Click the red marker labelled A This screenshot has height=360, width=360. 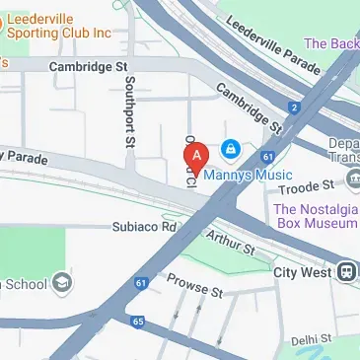[196, 156]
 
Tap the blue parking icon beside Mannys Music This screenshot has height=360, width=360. [230, 149]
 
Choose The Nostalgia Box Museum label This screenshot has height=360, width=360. [316, 216]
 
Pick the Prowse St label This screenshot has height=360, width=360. [194, 285]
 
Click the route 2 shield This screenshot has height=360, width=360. [293, 107]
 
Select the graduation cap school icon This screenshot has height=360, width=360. [62, 283]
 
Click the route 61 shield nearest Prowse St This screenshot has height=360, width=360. [142, 283]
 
